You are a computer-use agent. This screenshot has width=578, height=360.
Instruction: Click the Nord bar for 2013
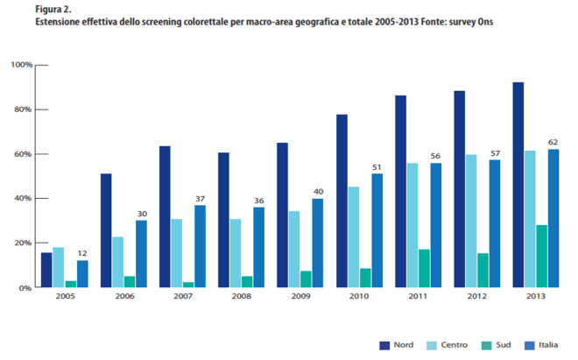pyautogui.click(x=518, y=185)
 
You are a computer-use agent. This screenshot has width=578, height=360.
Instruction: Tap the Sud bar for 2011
pyautogui.click(x=424, y=268)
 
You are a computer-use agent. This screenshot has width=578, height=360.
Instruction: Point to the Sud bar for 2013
pyautogui.click(x=541, y=256)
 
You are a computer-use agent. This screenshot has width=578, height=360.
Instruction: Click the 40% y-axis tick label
pyautogui.click(x=23, y=199)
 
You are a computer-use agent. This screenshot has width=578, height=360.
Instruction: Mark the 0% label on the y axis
pyautogui.click(x=25, y=287)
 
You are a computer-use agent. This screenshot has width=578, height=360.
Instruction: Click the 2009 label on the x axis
pyautogui.click(x=300, y=298)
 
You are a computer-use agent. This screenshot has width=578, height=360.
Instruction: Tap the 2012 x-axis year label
pyautogui.click(x=476, y=298)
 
